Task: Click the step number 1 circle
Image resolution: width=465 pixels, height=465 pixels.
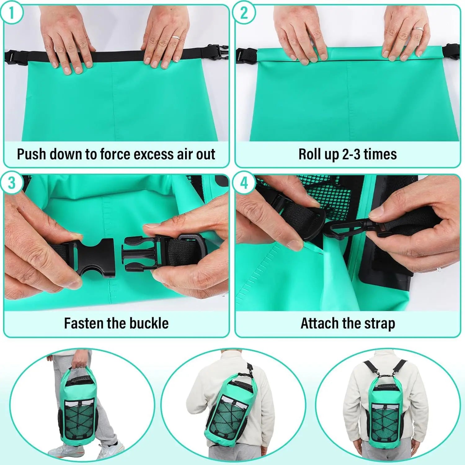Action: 12,13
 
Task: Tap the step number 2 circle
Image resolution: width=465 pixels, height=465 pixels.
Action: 244,13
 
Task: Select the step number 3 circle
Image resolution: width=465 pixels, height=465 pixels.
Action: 12,183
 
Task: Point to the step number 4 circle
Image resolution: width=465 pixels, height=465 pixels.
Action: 244,183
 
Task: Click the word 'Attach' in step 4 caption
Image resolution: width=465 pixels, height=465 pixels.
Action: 320,323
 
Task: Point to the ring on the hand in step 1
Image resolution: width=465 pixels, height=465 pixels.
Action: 176,38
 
